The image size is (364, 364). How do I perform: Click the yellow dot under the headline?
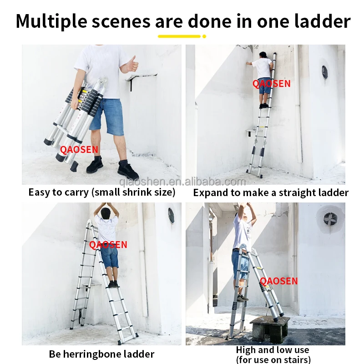pos(204,36)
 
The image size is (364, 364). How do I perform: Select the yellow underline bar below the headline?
pos(179,36)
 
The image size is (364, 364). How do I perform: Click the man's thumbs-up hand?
pos(132,63)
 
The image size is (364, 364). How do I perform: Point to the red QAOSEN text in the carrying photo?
pos(79,149)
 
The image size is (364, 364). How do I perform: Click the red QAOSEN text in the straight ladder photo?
pos(271,84)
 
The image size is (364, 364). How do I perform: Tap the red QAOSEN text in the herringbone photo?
pos(108,245)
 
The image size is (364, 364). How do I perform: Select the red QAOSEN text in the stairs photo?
pos(279,281)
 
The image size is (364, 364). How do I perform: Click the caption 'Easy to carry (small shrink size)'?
pos(101,192)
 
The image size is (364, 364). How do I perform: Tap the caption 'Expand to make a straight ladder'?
pos(271,192)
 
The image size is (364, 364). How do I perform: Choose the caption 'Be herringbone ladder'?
pos(101,354)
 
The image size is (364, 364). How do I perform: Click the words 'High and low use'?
pos(273,350)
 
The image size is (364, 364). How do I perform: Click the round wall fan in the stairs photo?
pos(330,219)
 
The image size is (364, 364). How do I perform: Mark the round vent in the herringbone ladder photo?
pos(171,215)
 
